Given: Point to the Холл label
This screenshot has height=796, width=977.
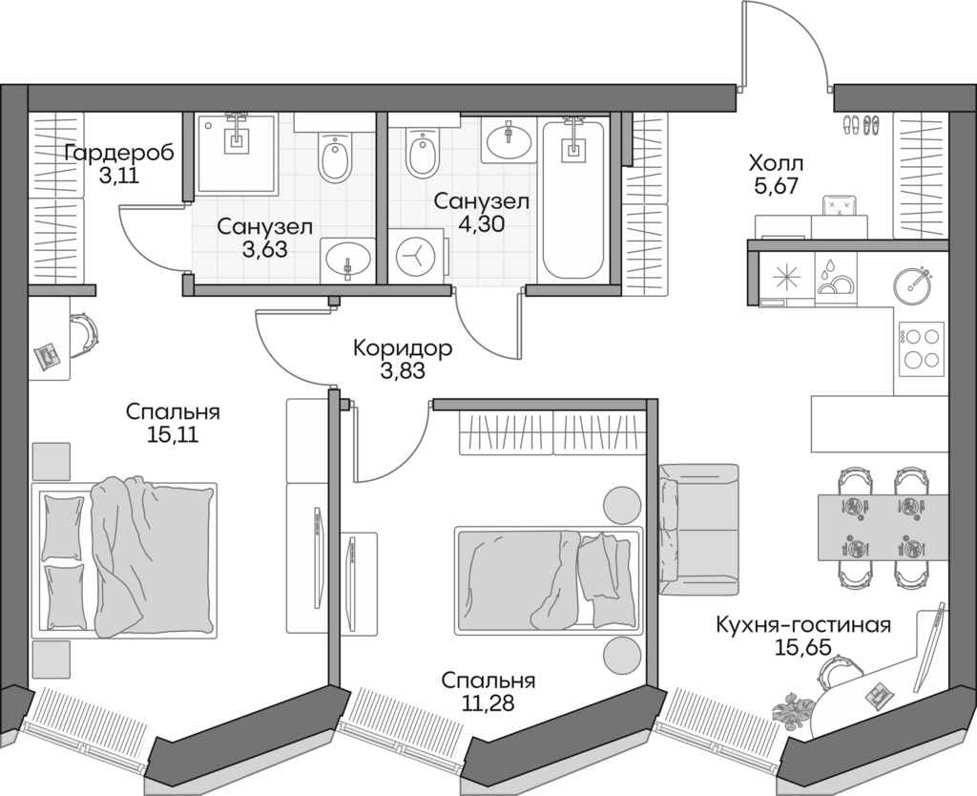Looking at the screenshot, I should pyautogui.click(x=777, y=162).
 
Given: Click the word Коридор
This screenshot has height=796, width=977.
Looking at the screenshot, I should pyautogui.click(x=402, y=348).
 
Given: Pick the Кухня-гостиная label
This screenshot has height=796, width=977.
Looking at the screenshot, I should pyautogui.click(x=803, y=625).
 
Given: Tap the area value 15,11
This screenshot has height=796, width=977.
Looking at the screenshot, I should pyautogui.click(x=173, y=435).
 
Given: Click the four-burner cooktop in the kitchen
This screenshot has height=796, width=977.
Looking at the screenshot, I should pyautogui.click(x=921, y=349).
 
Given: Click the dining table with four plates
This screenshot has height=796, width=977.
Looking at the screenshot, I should pyautogui.click(x=883, y=528).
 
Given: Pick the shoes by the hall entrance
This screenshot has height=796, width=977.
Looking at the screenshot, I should pyautogui.click(x=863, y=122).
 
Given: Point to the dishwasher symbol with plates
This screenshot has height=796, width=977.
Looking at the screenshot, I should pyautogui.click(x=838, y=279).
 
